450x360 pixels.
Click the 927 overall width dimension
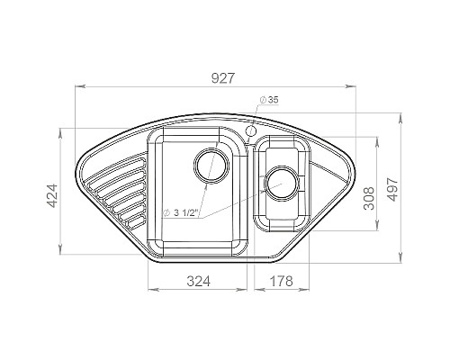(222, 78)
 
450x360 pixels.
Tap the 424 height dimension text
(53, 196)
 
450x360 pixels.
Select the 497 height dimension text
(392, 189)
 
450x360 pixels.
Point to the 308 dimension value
(369, 198)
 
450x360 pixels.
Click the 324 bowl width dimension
(199, 281)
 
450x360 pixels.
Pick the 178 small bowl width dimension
(281, 281)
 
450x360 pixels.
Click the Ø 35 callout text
(269, 100)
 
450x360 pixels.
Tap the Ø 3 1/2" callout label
(180, 213)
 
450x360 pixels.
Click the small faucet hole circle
(250, 130)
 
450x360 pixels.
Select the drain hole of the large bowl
(211, 166)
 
